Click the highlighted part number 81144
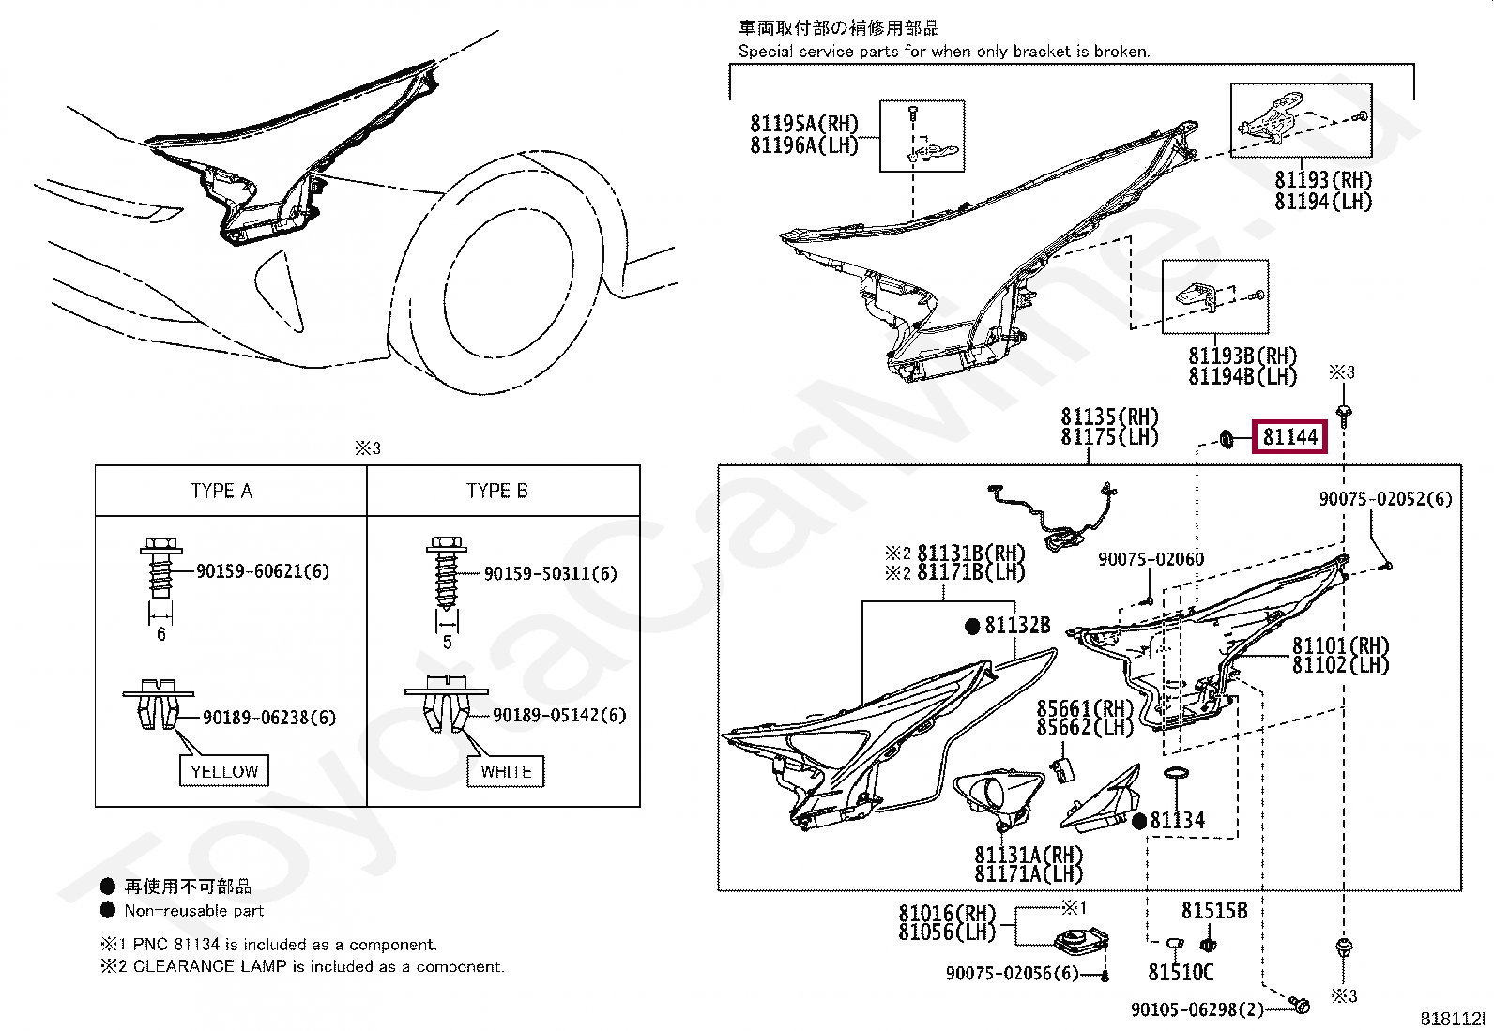tap(1289, 437)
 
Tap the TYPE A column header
tap(221, 491)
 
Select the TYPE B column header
tap(497, 491)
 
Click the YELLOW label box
tap(224, 771)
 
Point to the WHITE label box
tap(506, 772)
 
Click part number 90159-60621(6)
tap(263, 571)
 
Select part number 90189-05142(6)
tap(559, 716)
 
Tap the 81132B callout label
tap(1017, 626)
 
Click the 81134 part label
tap(1177, 821)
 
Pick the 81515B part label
tap(1214, 910)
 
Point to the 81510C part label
tap(1181, 973)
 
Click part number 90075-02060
tap(1151, 560)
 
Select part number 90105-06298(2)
tap(1197, 1009)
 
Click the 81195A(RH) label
tap(804, 124)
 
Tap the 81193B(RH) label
tap(1242, 356)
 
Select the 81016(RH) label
tap(947, 913)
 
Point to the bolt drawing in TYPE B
tap(447, 572)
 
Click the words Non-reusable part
tap(194, 911)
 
